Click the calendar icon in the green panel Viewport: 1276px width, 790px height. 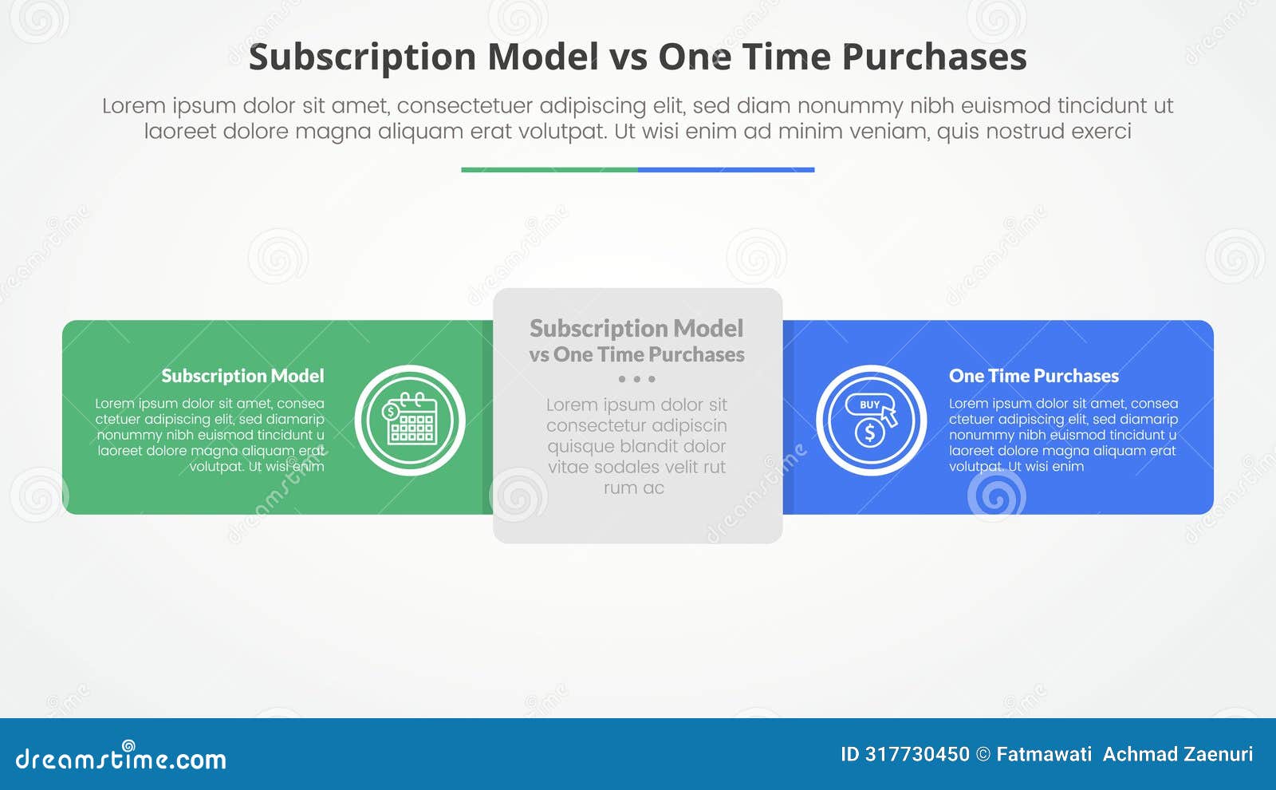click(411, 420)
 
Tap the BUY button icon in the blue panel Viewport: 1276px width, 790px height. click(869, 405)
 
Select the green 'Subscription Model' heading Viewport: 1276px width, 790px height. click(242, 376)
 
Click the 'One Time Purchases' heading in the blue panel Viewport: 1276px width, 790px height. click(1034, 376)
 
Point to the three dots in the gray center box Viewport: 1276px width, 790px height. click(636, 379)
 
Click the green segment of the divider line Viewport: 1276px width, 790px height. click(549, 170)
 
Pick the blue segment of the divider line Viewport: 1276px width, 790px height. click(726, 170)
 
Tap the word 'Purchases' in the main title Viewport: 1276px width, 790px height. click(934, 57)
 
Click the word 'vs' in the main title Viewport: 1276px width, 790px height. click(628, 57)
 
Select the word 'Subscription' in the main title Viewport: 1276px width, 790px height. click(362, 57)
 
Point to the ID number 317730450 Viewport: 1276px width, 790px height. click(917, 754)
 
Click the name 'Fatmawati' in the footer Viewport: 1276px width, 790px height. click(1044, 754)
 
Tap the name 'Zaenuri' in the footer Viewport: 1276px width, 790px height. click(1217, 754)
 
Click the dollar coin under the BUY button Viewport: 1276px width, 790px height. click(869, 433)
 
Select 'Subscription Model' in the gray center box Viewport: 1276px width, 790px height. click(636, 328)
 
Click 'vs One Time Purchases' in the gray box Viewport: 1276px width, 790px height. click(636, 354)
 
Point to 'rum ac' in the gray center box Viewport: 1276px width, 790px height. click(634, 488)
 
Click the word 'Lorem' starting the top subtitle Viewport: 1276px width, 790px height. click(134, 106)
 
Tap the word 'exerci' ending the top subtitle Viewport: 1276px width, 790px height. click(1101, 131)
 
